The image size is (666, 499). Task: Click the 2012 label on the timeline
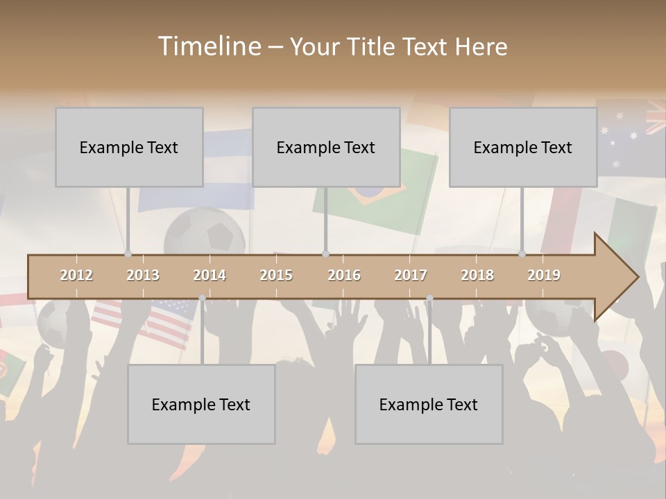[x=76, y=275]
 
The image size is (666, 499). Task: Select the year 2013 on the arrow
[x=143, y=275]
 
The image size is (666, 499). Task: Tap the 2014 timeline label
[x=210, y=275]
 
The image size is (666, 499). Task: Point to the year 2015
[x=276, y=275]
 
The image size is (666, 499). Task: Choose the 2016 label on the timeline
[x=344, y=275]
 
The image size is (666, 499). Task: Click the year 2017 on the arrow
[x=411, y=275]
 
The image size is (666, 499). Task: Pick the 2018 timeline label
[x=477, y=275]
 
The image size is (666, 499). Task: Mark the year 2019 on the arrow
[x=544, y=275]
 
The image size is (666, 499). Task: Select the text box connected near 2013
[x=129, y=147]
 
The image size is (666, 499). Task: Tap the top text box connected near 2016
[x=326, y=147]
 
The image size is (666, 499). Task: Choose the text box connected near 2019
[x=523, y=147]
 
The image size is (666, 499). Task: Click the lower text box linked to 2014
[x=201, y=404]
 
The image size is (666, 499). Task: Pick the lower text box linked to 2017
[x=429, y=404]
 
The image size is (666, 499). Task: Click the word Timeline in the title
[x=209, y=46]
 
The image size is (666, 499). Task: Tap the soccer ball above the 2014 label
[x=205, y=232]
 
